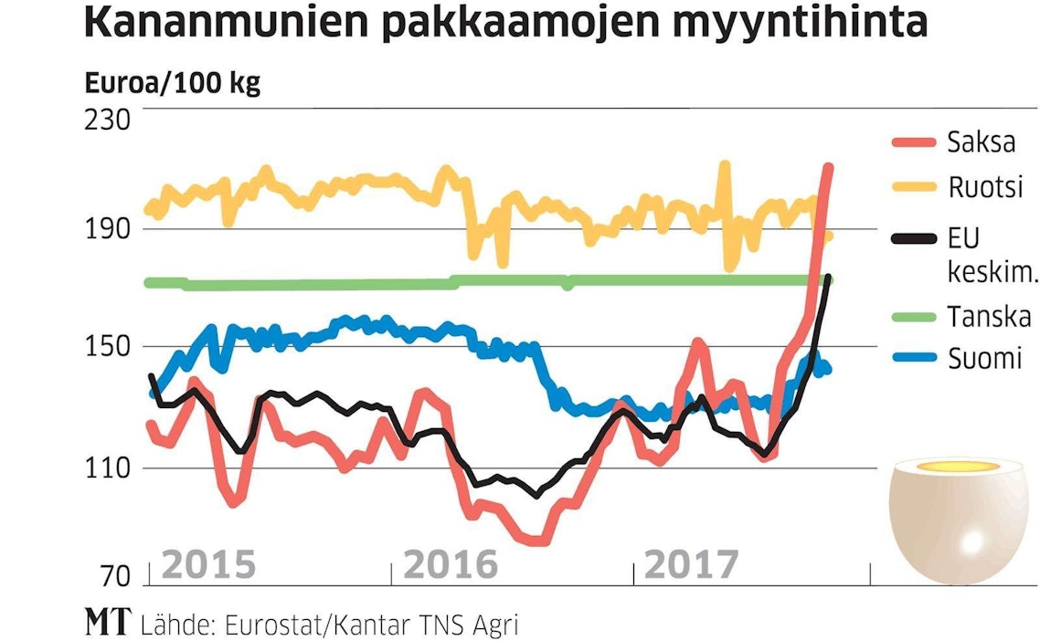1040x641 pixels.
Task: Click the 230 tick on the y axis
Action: coord(110,119)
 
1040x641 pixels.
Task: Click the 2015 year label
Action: coord(208,566)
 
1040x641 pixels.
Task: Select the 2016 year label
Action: coord(451,566)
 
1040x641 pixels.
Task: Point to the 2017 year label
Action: coord(691,566)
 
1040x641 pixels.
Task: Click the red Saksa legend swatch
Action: coord(913,142)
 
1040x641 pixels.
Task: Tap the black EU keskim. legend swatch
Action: coord(913,239)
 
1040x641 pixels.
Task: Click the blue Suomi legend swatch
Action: coord(913,358)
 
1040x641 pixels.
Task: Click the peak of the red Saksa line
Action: coord(829,167)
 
